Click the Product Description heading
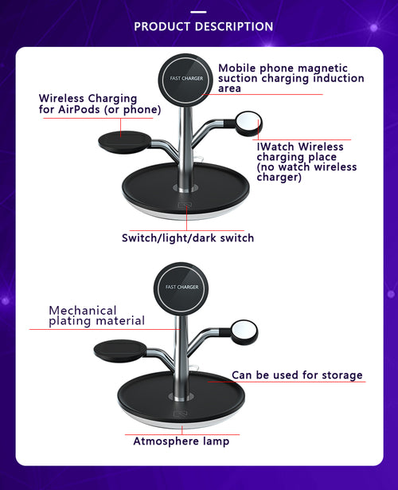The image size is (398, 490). click(203, 26)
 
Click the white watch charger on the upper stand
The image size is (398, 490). click(248, 123)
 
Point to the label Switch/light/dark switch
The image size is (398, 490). click(188, 237)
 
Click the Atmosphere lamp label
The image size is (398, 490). click(181, 441)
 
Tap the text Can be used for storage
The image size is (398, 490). click(297, 375)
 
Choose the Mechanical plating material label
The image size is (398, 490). click(96, 316)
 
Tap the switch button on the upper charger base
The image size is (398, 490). click(185, 211)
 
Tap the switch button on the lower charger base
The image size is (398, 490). click(182, 415)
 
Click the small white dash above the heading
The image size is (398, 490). click(199, 12)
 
